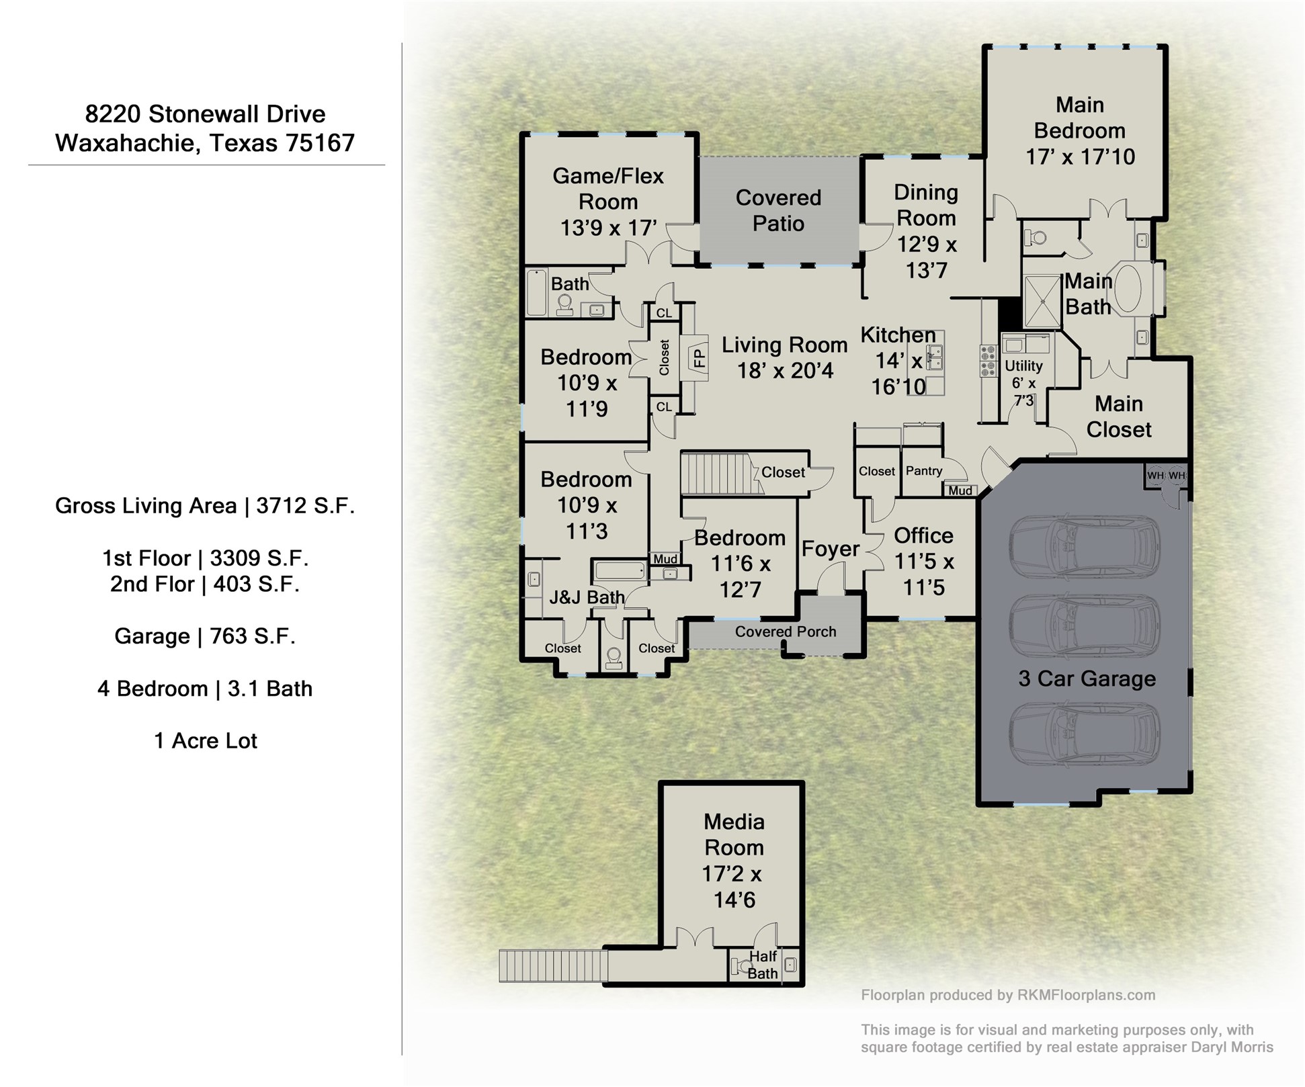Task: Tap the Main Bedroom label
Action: click(x=1079, y=130)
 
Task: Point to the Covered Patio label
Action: click(x=778, y=210)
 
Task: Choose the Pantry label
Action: click(x=923, y=471)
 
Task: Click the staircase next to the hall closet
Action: click(x=716, y=474)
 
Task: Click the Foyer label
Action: click(x=830, y=549)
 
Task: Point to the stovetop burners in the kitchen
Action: click(x=988, y=361)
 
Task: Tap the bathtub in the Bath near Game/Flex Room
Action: click(x=536, y=292)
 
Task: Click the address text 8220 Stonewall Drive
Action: click(x=205, y=114)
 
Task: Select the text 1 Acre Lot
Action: click(x=205, y=740)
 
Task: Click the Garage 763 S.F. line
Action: click(x=205, y=636)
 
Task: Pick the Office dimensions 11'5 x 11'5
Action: click(x=923, y=574)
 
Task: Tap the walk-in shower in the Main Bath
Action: click(x=1041, y=302)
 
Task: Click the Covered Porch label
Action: click(x=785, y=632)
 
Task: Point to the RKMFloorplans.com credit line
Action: click(x=1008, y=995)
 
